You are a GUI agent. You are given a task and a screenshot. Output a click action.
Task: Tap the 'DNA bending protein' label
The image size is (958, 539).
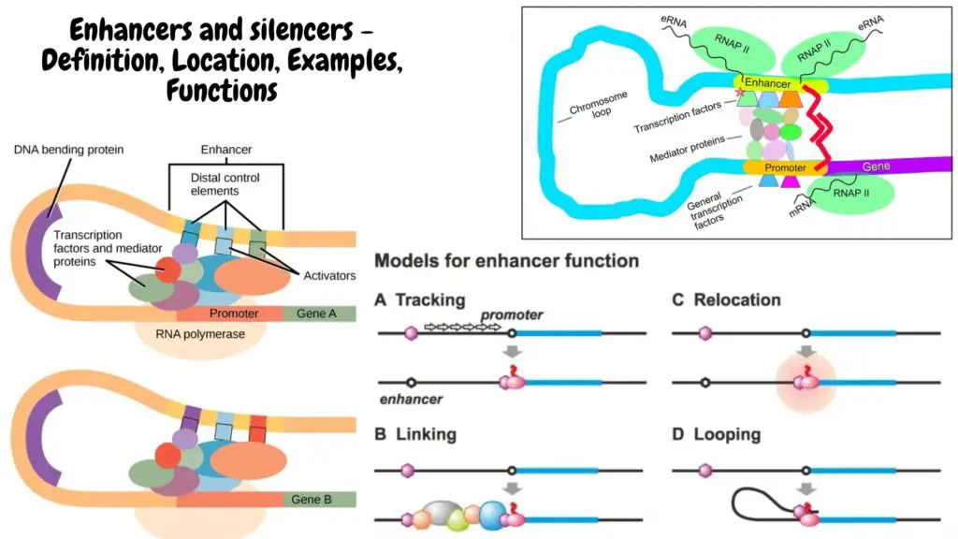pos(68,150)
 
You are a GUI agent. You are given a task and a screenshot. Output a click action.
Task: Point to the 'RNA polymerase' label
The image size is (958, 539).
pos(200,334)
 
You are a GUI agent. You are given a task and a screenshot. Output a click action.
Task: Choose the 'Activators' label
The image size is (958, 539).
pos(329,276)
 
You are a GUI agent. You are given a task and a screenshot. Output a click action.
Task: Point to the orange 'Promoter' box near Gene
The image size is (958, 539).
pos(785,168)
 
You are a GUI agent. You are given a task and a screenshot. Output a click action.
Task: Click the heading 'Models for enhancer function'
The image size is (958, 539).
pos(506,261)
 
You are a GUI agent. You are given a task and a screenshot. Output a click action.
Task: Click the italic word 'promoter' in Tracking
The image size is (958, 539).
pos(512,314)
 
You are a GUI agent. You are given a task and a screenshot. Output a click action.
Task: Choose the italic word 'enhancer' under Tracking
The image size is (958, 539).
pos(412,399)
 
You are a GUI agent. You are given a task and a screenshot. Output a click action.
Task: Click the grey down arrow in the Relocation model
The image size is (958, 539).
pos(806,352)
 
